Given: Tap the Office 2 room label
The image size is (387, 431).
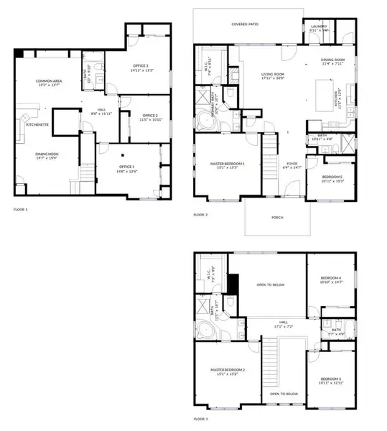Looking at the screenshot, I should tap(149, 116).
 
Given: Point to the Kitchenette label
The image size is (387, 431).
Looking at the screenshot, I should tap(37, 125).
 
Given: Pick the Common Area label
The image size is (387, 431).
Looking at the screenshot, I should tap(50, 82).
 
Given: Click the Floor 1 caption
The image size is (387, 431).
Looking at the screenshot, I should tap(22, 210).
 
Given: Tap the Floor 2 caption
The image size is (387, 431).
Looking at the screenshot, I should tap(200, 215).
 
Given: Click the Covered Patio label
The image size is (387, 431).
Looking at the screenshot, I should tap(245, 24).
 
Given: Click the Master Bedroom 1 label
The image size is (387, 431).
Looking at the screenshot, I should tap(227, 164).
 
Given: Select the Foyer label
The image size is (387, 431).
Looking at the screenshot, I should tap(293, 164).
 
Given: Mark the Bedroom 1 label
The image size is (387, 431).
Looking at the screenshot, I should tap(331, 177).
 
